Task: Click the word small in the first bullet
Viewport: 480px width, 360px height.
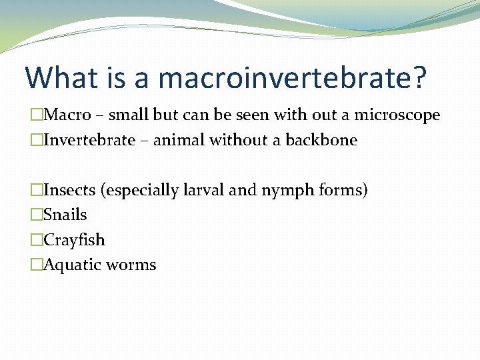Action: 129,115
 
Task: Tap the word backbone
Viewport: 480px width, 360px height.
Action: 325,140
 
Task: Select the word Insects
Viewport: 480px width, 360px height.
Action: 69,190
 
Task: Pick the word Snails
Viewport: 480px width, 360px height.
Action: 65,215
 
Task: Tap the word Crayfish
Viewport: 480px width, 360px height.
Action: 74,240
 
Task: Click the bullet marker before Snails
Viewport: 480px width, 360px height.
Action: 37,215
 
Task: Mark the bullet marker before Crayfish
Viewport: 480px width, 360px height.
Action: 37,240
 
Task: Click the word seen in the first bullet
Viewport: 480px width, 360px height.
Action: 248,115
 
